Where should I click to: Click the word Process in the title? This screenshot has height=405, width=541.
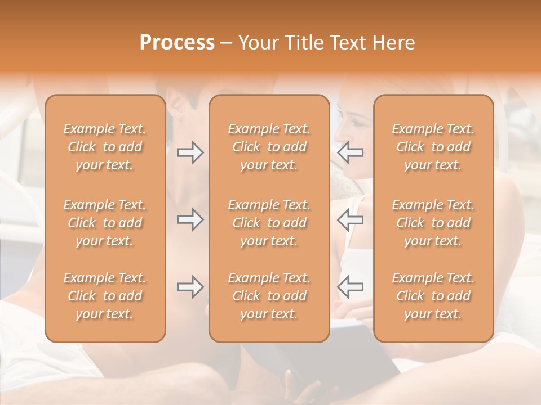click(177, 43)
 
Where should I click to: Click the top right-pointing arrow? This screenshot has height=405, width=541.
click(190, 152)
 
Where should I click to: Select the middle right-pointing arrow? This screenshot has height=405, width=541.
click(190, 219)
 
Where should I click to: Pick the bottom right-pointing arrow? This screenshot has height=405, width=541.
click(190, 287)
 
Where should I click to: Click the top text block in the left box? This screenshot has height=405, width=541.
click(105, 147)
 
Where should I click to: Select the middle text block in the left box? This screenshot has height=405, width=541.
click(105, 223)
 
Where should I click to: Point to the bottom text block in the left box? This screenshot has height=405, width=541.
click(105, 296)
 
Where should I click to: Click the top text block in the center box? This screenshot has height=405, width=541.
click(269, 147)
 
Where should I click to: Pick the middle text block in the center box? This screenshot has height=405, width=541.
click(269, 223)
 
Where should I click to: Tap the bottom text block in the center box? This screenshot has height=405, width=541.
click(269, 296)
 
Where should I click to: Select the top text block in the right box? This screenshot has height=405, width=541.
click(433, 147)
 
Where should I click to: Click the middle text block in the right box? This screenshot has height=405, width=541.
click(433, 223)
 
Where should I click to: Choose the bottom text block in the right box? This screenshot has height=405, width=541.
click(433, 296)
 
